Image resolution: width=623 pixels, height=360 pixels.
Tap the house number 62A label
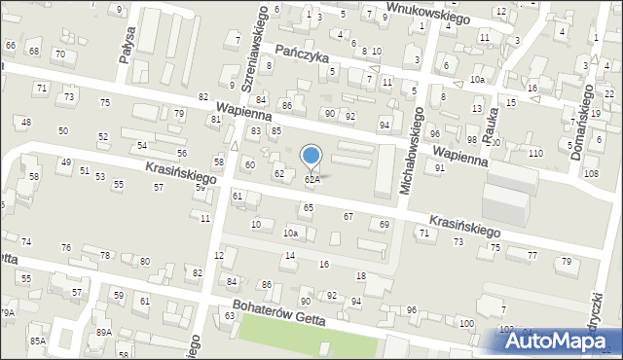tap(311, 180)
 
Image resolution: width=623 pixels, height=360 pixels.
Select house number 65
tap(309, 207)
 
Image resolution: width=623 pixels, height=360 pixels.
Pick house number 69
tap(385, 225)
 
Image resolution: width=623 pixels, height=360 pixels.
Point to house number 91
tap(440, 167)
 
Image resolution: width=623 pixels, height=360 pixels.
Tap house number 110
tap(534, 154)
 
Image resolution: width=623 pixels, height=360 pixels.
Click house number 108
tap(592, 173)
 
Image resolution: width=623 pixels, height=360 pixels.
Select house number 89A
tap(103, 332)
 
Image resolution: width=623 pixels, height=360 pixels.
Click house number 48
tap(26, 122)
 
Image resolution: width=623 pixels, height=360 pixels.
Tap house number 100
tap(466, 322)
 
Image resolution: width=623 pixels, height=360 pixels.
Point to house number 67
tap(348, 215)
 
